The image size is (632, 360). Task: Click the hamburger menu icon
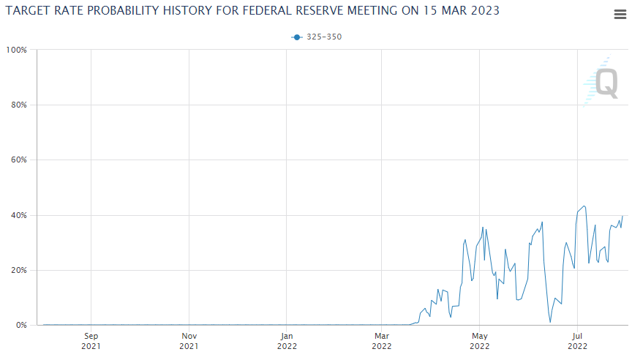point(619,15)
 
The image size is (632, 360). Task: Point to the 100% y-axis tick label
point(17,50)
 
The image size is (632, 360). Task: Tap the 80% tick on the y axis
point(18,105)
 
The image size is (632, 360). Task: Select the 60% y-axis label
point(18,160)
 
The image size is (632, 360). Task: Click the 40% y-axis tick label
point(18,215)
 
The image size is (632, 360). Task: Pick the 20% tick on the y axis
point(18,270)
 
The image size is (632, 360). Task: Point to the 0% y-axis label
point(20,325)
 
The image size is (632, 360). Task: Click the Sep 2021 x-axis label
point(91,341)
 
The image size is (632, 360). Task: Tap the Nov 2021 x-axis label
point(189,341)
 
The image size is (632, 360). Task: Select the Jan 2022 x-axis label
point(287,341)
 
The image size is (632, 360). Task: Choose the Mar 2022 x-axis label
point(382,341)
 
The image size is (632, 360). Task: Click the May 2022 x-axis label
point(479,341)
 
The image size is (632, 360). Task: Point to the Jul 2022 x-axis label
point(577,341)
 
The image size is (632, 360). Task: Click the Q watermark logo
point(604,82)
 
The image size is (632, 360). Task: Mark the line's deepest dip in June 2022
point(550,322)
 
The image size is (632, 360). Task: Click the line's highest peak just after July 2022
point(584,206)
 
